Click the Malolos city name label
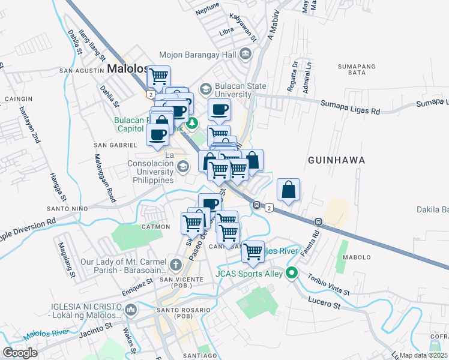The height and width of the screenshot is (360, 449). (x=127, y=69)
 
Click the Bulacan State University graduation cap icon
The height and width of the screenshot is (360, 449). (x=206, y=88)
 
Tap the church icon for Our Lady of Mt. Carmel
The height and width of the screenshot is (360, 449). (x=175, y=265)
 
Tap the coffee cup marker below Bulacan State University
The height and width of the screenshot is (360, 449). (x=219, y=110)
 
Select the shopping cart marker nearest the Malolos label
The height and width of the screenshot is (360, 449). (x=158, y=77)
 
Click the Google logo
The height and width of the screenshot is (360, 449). (x=20, y=353)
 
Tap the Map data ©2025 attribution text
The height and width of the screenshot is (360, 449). (x=424, y=355)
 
